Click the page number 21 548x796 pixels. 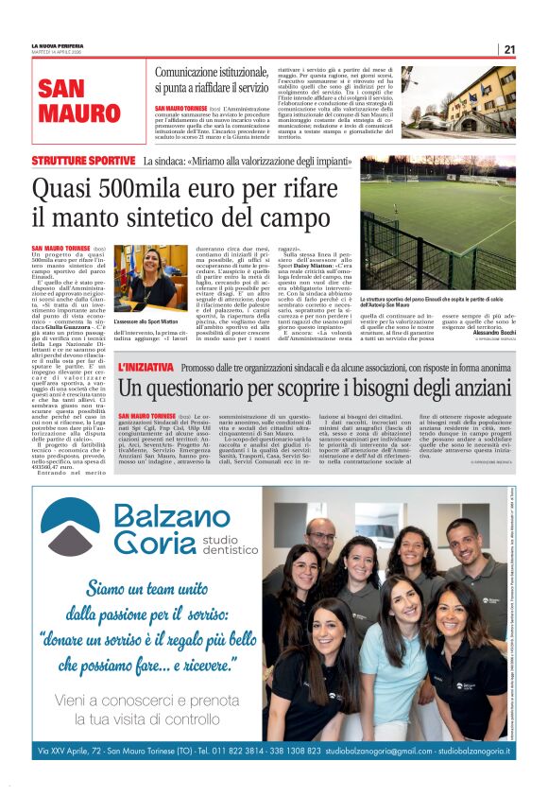[509, 49]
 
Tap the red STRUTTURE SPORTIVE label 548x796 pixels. [83, 162]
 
